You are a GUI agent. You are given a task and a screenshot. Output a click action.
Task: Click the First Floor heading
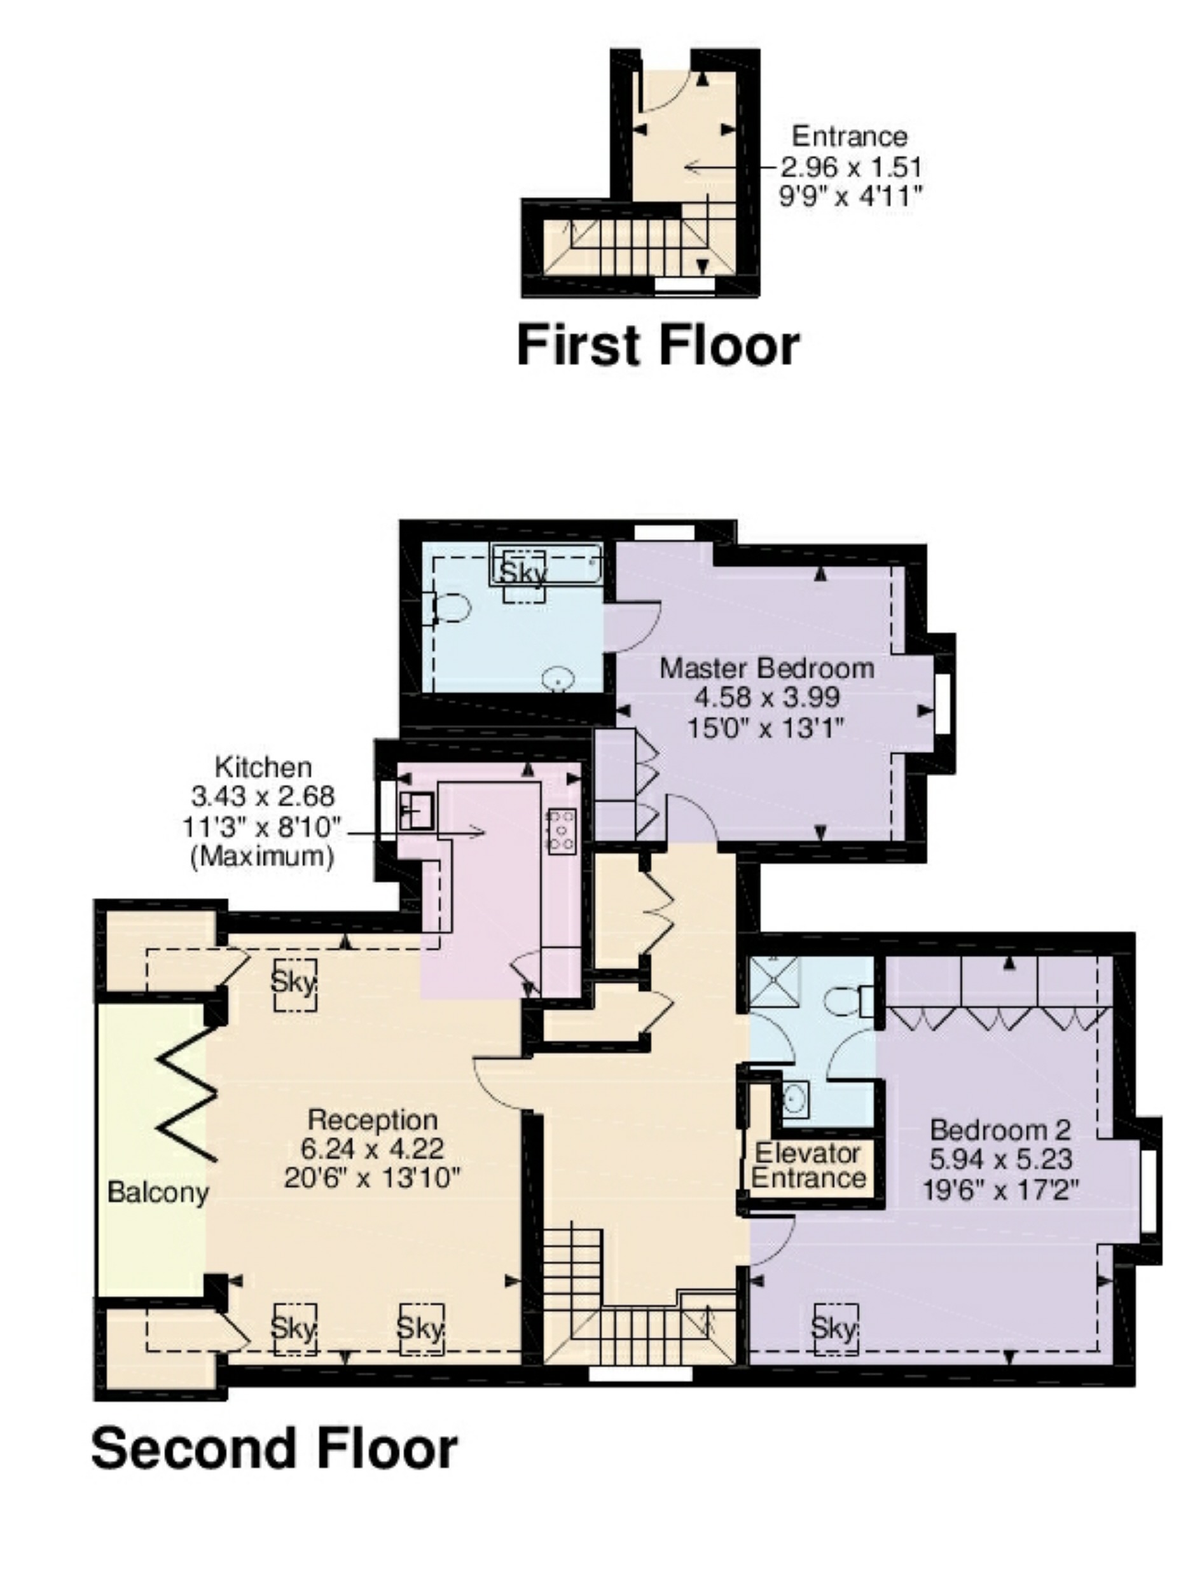click(x=658, y=346)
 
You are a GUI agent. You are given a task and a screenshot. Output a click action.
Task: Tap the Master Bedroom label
click(x=767, y=668)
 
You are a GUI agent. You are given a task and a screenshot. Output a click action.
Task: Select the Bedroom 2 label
click(x=1000, y=1130)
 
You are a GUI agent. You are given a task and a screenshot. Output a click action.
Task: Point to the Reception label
click(x=373, y=1120)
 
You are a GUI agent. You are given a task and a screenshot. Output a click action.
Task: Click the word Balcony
click(x=158, y=1193)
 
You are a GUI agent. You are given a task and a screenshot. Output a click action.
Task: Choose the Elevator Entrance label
click(x=808, y=1165)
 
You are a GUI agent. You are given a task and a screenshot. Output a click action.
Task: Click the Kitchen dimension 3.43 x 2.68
click(x=263, y=796)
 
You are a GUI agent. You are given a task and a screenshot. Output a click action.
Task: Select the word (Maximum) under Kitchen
click(x=263, y=856)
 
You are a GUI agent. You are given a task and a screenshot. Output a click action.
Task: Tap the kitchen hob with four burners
click(x=562, y=832)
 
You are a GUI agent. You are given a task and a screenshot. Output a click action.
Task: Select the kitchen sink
click(x=416, y=811)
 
